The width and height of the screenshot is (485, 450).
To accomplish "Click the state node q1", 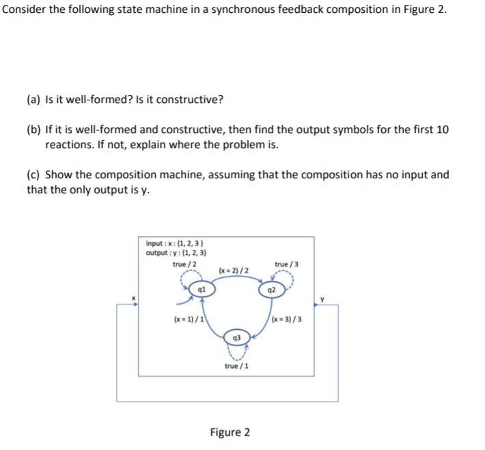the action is click(201, 288).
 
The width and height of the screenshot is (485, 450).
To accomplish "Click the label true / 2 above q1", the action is click(185, 264).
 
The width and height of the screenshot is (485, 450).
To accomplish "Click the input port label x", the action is click(134, 297).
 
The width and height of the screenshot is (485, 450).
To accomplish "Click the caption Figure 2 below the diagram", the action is click(230, 432).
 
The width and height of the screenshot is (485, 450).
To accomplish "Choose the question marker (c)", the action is click(33, 175).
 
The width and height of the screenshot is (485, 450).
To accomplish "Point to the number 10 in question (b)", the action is click(442, 130).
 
